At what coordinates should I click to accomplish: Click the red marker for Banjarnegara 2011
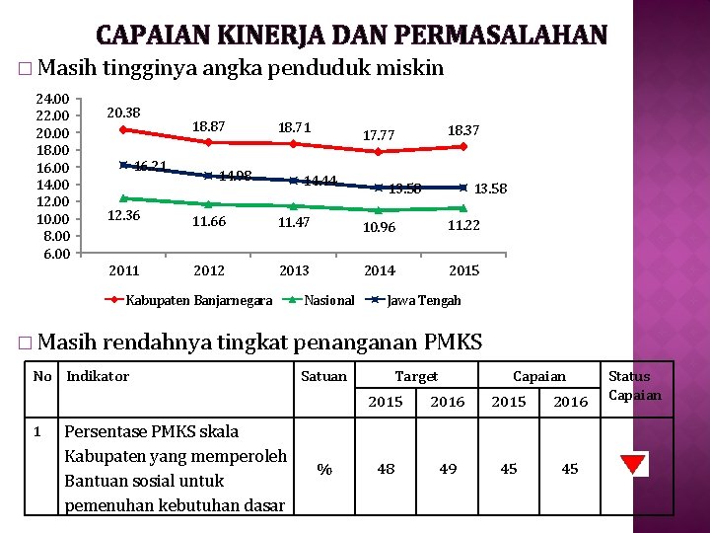click(x=123, y=129)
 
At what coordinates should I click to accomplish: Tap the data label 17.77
click(x=379, y=135)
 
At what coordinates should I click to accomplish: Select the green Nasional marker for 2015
click(x=463, y=208)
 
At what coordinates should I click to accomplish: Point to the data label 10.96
click(x=379, y=227)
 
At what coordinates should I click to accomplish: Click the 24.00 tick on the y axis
click(x=52, y=99)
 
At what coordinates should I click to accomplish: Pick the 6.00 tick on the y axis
click(x=56, y=254)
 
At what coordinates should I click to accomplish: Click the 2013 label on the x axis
click(x=294, y=270)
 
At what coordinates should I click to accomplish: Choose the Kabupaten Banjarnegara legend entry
click(x=188, y=300)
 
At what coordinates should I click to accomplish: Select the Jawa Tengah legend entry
click(x=413, y=300)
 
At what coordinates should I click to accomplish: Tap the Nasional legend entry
click(x=318, y=300)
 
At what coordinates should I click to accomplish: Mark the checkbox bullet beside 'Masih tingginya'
click(x=25, y=69)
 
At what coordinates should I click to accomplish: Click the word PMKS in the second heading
click(x=453, y=342)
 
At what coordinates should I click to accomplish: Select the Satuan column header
click(x=323, y=376)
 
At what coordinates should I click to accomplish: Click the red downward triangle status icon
click(x=632, y=464)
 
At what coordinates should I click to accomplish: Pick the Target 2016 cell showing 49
click(x=448, y=469)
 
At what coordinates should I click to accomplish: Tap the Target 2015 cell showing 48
click(x=386, y=469)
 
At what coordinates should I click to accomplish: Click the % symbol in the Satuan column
click(x=324, y=469)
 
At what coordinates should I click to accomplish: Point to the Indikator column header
click(x=98, y=376)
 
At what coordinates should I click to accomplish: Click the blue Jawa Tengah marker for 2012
click(x=208, y=176)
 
